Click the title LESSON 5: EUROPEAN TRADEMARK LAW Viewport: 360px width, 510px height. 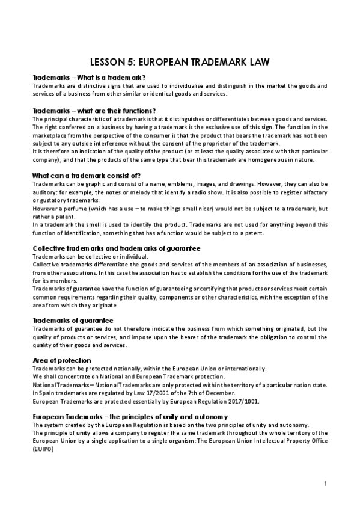coord(180,61)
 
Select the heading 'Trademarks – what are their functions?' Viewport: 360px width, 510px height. coord(94,111)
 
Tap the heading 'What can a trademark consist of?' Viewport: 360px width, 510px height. coord(87,175)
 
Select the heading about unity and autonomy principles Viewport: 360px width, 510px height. coord(130,417)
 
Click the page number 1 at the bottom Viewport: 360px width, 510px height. coord(325,483)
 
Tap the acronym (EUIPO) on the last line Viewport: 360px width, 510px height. coord(42,447)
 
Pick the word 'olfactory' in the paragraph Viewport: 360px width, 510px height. coord(310,191)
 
